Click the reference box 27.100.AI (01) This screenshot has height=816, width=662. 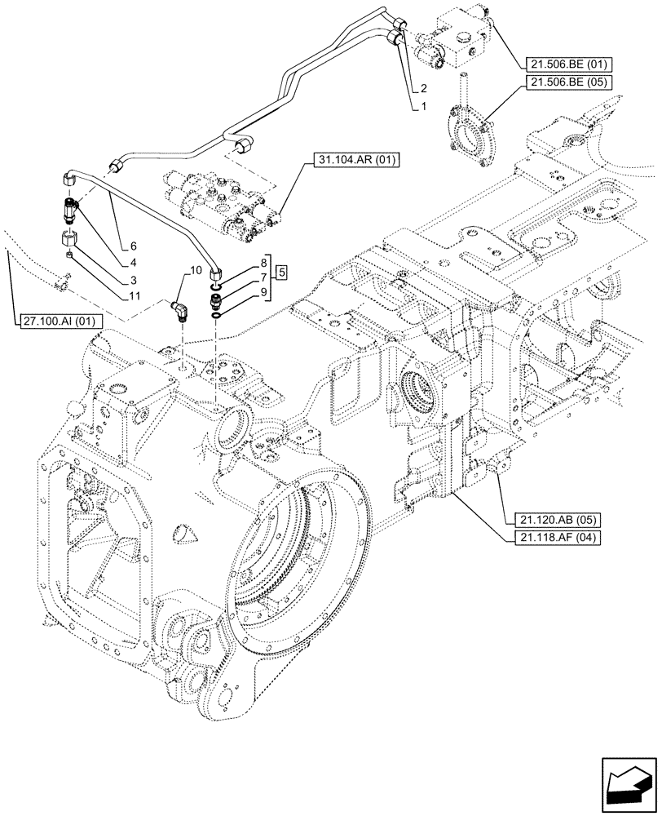pyautogui.click(x=59, y=322)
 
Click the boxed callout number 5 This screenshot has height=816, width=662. pyautogui.click(x=280, y=272)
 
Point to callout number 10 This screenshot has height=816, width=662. pyautogui.click(x=196, y=270)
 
